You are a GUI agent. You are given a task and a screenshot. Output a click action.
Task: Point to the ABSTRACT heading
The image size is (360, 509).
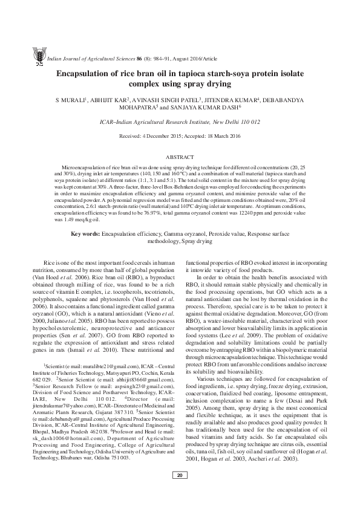[x=180, y=156]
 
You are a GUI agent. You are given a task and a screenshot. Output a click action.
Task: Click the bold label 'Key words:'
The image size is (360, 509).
[x=85, y=233]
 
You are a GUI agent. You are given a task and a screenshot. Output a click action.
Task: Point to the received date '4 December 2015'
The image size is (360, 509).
[x=168, y=137]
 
